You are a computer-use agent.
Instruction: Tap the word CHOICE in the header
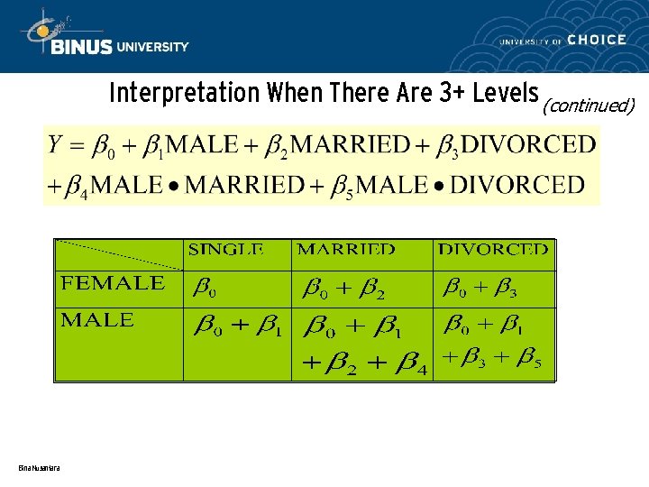point(597,40)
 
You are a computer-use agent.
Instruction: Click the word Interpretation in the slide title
point(170,93)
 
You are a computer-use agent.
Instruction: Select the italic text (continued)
point(588,106)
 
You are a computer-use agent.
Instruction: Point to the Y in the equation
point(55,143)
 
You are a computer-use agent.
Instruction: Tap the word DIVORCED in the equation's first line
point(528,144)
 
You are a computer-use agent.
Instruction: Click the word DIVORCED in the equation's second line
point(517,185)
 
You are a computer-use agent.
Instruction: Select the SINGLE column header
point(225,250)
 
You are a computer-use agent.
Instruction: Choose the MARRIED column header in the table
point(346,250)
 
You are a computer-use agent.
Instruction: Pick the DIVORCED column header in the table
point(493,250)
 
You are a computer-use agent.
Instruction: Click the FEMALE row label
point(113,283)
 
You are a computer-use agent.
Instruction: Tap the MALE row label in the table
point(97,320)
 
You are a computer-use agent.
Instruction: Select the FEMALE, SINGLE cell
point(206,289)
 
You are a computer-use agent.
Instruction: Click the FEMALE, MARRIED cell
point(344,289)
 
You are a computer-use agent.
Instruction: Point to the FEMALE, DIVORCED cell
point(480,289)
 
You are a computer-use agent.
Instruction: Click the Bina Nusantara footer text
point(39,467)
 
